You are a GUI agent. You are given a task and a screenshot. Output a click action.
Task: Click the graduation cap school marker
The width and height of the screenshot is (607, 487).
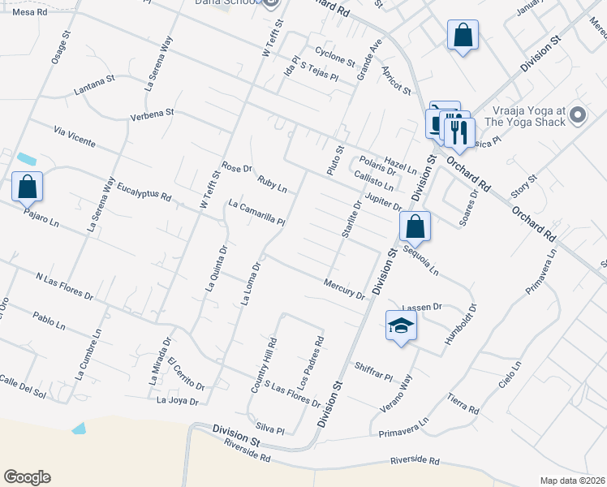401,326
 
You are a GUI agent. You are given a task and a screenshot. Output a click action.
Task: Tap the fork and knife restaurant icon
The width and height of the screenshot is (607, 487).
458,131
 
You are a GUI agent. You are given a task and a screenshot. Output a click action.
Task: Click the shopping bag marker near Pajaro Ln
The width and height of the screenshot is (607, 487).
28,186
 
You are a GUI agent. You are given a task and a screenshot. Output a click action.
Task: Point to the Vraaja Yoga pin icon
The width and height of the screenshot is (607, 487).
578,115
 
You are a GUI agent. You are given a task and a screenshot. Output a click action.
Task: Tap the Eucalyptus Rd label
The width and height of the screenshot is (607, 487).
144,191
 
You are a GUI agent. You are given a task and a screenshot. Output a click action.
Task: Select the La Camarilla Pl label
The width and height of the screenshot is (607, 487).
256,213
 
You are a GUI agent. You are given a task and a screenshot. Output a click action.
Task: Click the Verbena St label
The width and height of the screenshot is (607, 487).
153,116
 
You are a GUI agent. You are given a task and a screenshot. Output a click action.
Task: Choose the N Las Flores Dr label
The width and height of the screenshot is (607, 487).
64,287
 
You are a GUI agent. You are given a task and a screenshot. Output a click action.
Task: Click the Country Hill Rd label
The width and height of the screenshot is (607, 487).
265,368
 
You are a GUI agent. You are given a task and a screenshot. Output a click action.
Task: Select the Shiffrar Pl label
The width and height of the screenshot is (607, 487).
373,371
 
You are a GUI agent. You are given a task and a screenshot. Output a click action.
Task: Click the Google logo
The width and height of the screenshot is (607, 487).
27,477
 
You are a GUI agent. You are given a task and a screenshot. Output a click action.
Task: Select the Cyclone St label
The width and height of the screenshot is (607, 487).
335,55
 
